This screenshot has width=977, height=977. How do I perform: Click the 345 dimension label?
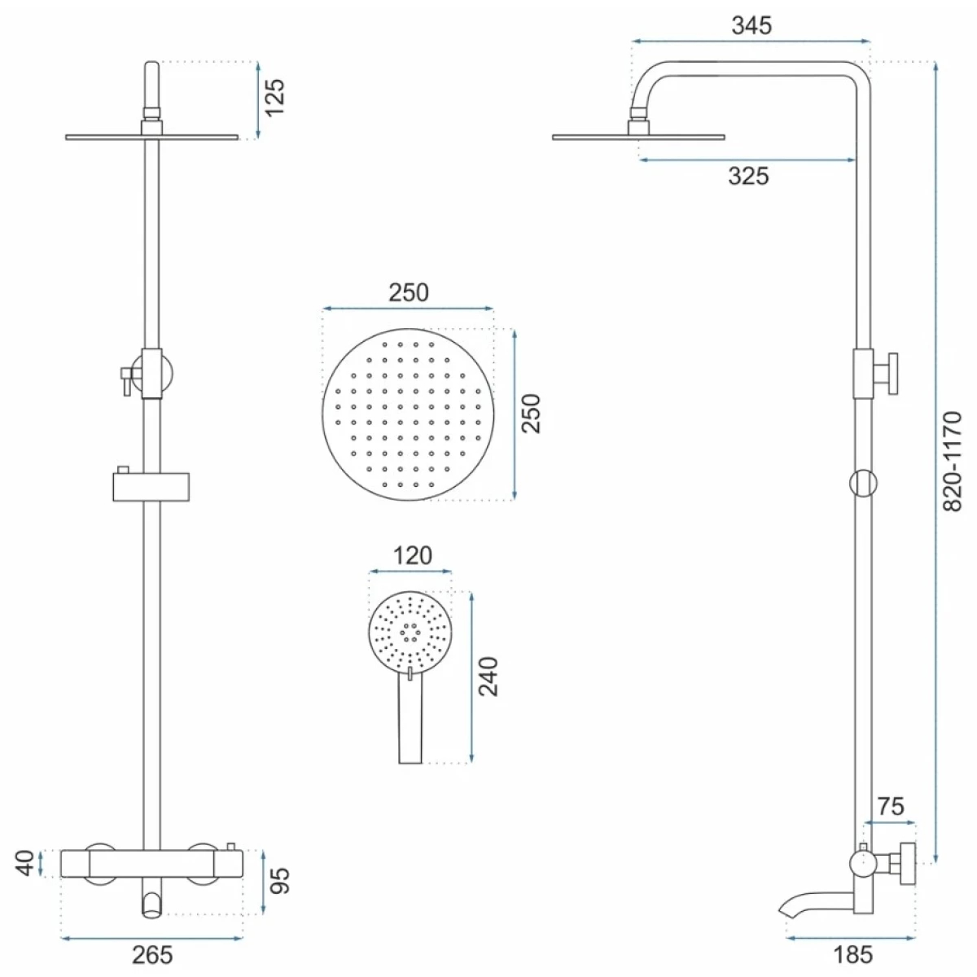(751, 25)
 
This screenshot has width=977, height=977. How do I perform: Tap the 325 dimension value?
(748, 176)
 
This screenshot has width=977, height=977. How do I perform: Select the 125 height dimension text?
(275, 98)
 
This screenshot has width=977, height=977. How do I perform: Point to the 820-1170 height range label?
(952, 462)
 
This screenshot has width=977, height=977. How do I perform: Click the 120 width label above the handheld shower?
(412, 556)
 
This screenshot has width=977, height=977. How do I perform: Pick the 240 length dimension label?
(488, 677)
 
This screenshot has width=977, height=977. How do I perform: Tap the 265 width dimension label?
(152, 955)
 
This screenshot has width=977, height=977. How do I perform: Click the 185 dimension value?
(853, 955)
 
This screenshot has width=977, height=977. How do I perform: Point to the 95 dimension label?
(279, 881)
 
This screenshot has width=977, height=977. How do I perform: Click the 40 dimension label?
(25, 863)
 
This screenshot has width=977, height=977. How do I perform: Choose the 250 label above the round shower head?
(409, 292)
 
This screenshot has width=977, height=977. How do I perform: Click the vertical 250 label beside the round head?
(531, 414)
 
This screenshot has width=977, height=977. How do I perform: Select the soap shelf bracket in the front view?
(151, 487)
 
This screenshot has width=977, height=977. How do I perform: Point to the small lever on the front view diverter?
(125, 381)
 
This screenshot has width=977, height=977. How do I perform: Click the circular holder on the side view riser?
(863, 483)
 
